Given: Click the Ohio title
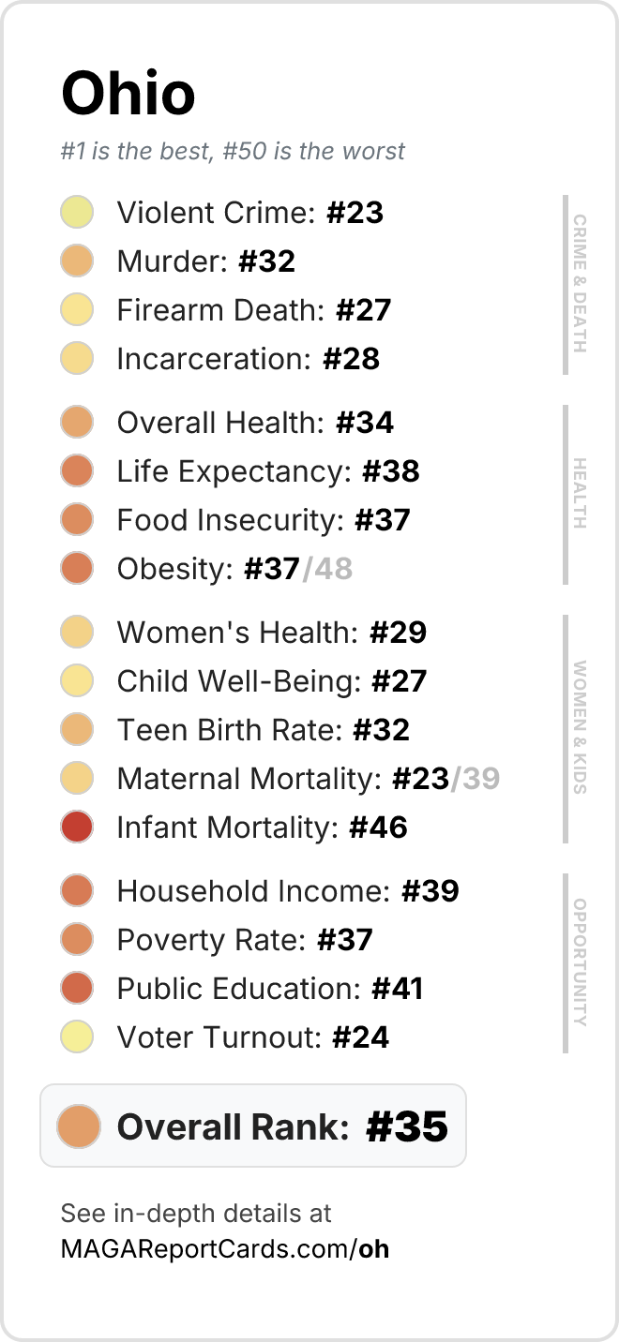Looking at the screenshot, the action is [128, 93].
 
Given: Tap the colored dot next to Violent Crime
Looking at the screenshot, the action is [77, 212].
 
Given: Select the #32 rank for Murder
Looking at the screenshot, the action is [267, 261].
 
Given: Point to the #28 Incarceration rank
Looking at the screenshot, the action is [352, 359].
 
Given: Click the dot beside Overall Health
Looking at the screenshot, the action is [77, 422].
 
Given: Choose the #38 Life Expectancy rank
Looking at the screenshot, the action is [391, 470].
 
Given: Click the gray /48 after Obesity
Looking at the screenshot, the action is [327, 569].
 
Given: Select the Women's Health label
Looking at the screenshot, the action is [238, 632].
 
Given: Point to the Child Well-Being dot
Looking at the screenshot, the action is [77, 680].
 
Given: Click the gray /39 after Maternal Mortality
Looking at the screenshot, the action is [476, 778].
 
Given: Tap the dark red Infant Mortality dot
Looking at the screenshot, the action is [77, 827].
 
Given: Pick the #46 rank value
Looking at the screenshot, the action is [379, 828].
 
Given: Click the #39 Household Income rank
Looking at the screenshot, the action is [430, 891].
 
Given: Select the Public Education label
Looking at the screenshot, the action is [239, 989].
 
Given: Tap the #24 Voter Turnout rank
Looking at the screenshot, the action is [360, 1037].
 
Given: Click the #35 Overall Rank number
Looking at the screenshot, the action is [407, 1126].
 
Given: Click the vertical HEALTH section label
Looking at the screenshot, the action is [580, 493].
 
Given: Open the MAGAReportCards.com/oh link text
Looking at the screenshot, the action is [225, 1249].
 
